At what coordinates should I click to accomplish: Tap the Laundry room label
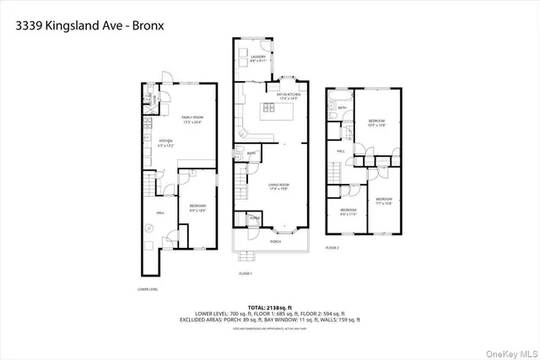click(257, 58)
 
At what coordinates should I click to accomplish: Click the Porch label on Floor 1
click(274, 241)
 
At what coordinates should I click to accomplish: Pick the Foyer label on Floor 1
click(254, 218)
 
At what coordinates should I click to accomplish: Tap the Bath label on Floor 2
click(342, 108)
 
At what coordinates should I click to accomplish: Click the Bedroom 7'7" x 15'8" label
click(384, 201)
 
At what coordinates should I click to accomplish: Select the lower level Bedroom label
click(197, 207)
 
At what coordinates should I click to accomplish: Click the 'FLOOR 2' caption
click(332, 248)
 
